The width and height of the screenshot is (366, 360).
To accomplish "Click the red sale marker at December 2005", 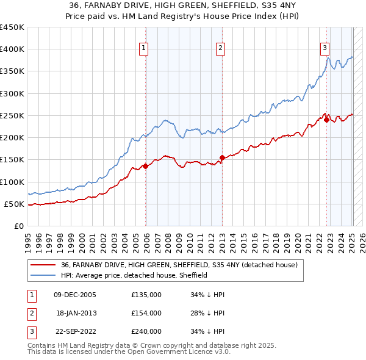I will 145,166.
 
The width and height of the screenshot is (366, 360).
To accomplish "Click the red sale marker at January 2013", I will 222,157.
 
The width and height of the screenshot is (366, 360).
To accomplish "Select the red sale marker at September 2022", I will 326,120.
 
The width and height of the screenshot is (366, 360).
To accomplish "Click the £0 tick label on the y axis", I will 19,226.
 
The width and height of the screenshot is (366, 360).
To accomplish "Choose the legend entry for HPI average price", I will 134,276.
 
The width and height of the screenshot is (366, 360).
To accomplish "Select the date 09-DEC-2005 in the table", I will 76,295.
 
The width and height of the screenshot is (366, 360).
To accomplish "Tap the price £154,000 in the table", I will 146,313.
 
